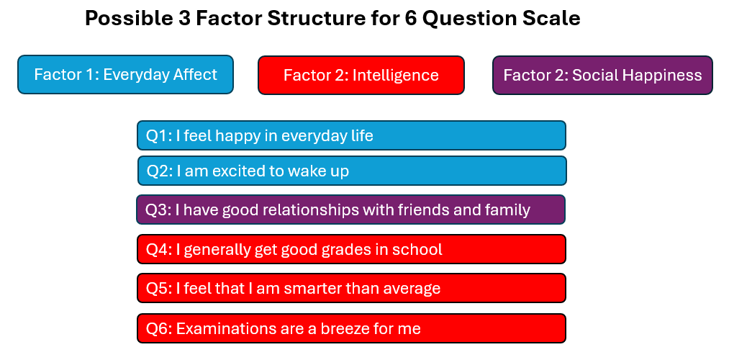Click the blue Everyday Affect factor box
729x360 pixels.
coord(125,74)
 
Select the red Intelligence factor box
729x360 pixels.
coord(361,76)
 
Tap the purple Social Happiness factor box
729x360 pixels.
coord(602,76)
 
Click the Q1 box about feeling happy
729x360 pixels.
coord(351,135)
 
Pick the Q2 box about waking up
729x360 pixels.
coord(352,171)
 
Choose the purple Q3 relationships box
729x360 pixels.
coord(351,210)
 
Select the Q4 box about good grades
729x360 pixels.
coord(351,249)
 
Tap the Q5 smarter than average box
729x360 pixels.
coord(351,289)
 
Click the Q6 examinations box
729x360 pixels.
coord(351,328)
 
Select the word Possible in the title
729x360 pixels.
coord(120,19)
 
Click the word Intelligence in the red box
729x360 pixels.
coord(395,76)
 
